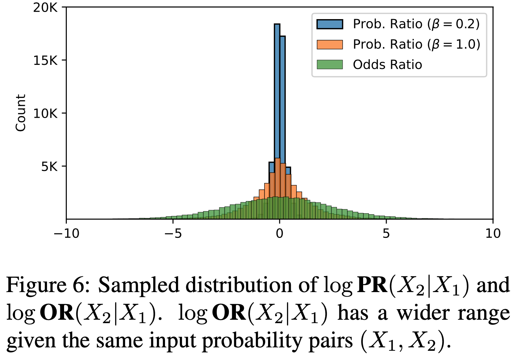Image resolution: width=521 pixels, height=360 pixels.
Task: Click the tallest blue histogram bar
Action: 277,102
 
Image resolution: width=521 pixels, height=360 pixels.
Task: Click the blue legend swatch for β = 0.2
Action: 329,24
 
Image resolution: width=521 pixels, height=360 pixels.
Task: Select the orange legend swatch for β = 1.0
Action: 329,44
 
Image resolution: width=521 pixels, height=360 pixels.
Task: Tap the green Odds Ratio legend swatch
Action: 329,64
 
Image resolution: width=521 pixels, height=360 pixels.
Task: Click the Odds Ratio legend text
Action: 387,64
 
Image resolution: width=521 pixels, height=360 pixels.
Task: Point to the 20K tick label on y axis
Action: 45,8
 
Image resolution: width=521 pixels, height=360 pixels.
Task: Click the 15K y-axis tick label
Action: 45,60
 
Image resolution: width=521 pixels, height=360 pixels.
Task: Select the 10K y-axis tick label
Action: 45,113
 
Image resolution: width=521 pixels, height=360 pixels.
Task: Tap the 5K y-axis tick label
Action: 49,167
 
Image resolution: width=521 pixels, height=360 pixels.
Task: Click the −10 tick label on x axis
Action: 66,233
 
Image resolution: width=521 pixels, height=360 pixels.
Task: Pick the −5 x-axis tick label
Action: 173,233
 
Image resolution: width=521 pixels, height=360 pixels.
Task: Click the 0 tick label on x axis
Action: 280,233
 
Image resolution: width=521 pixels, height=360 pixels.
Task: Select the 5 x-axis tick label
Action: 386,233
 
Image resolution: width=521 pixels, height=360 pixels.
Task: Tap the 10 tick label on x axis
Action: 493,233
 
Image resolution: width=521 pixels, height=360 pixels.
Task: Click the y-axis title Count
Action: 21,113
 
